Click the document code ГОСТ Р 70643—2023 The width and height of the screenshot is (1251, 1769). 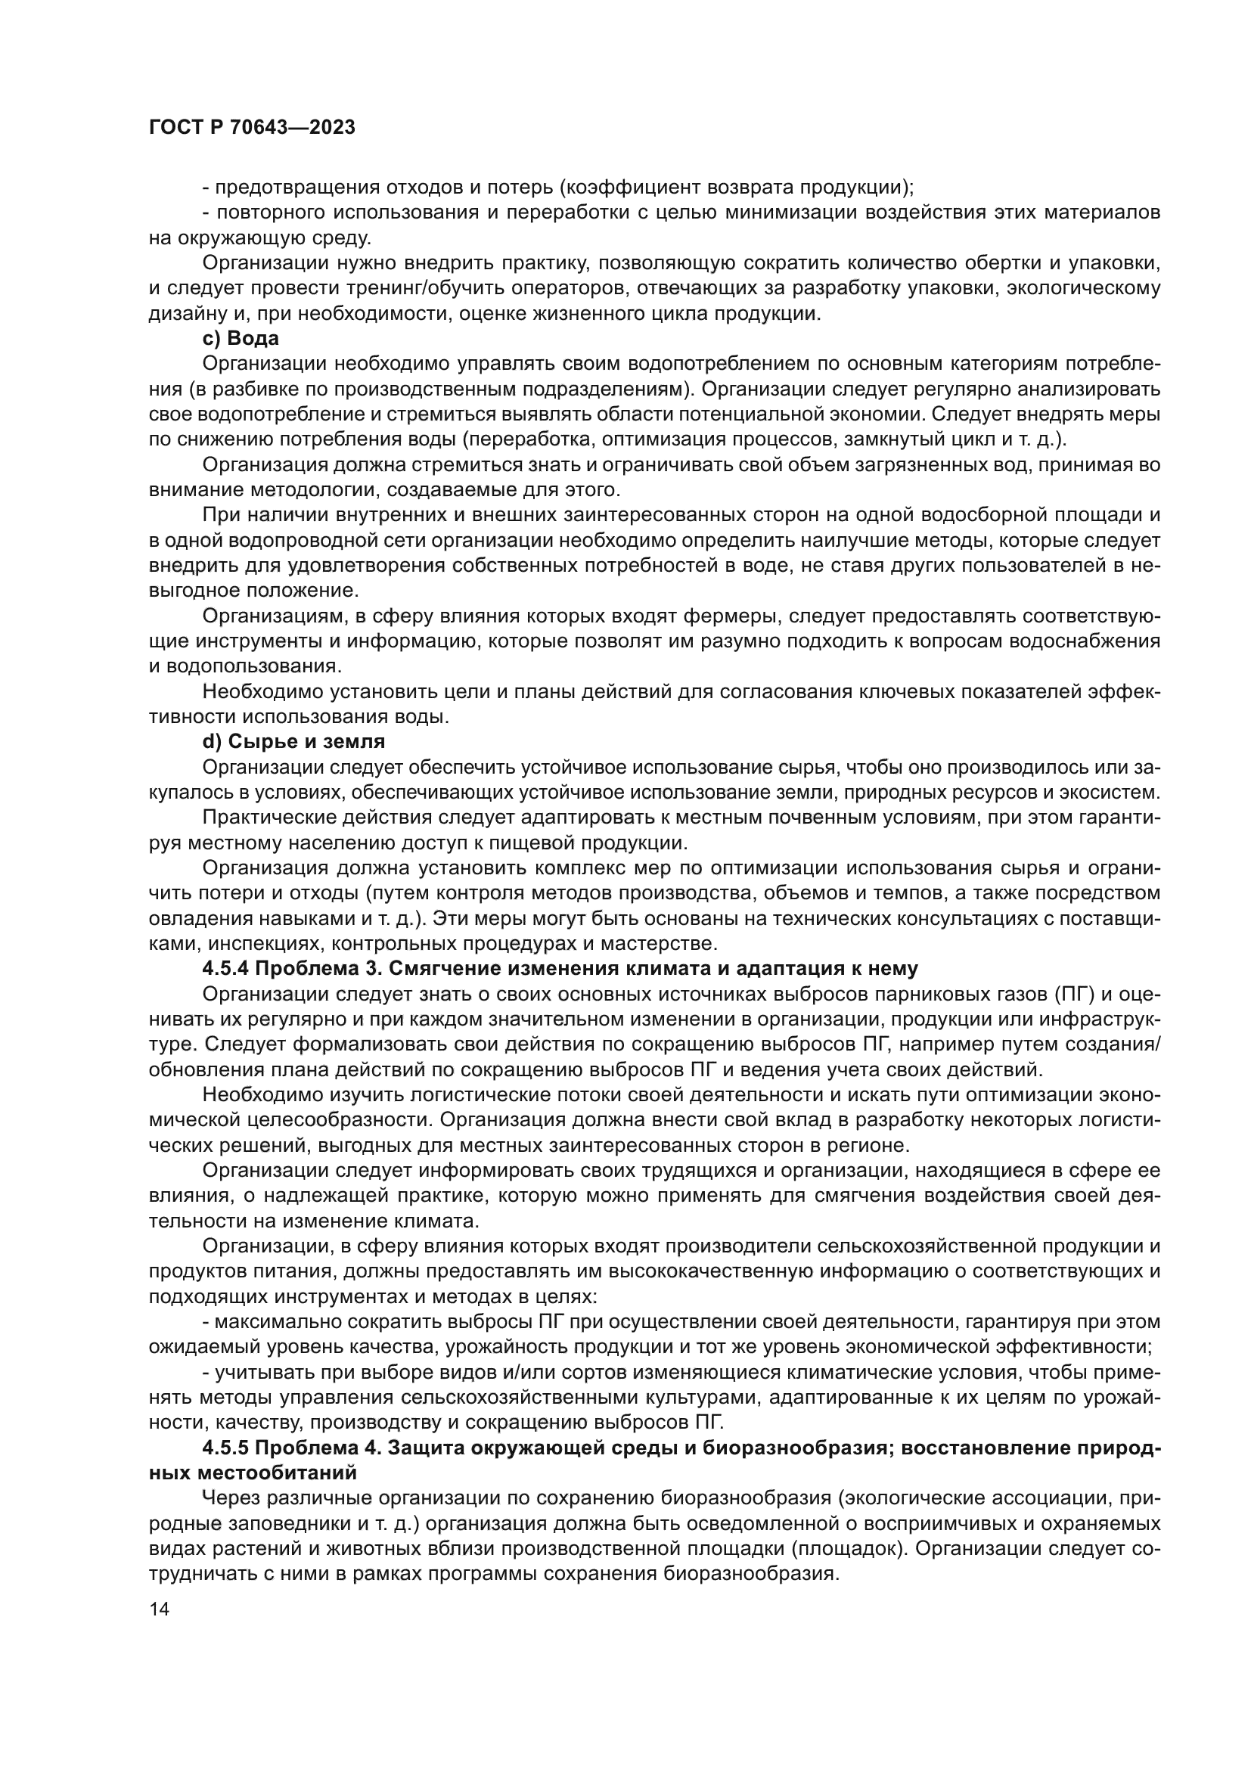(252, 128)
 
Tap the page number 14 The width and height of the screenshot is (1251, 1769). (159, 1609)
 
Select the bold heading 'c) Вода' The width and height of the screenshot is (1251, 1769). (241, 338)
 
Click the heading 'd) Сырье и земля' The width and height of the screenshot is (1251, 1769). (293, 742)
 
